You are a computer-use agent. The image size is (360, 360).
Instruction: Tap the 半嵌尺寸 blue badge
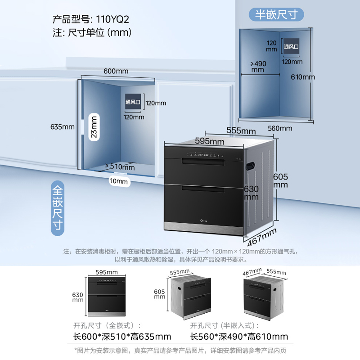pyautogui.click(x=277, y=14)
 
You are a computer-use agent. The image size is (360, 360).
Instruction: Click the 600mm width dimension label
pyautogui.click(x=116, y=71)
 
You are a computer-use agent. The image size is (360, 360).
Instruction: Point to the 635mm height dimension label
pyautogui.click(x=63, y=126)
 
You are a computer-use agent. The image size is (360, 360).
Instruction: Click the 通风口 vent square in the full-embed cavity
pyautogui.click(x=133, y=102)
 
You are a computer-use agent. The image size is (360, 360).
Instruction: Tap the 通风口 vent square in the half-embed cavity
pyautogui.click(x=292, y=46)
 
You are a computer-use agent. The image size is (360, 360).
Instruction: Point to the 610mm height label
pyautogui.click(x=302, y=77)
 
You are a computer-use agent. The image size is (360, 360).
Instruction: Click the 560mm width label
pyautogui.click(x=279, y=128)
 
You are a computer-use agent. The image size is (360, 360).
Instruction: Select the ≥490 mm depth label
pyautogui.click(x=258, y=66)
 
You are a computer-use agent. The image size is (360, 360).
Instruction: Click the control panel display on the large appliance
pyautogui.click(x=205, y=157)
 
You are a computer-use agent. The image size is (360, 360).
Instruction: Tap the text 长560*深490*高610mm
pyautogui.click(x=239, y=337)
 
